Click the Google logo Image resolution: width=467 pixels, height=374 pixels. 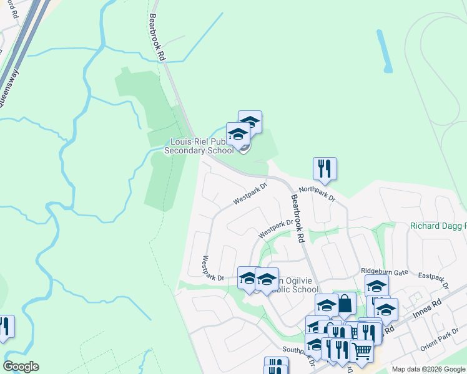click(21, 367)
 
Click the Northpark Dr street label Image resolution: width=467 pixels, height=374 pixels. click(317, 194)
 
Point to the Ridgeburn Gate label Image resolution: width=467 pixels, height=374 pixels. click(383, 271)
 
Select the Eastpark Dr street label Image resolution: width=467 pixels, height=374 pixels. click(434, 280)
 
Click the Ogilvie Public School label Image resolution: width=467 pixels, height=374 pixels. click(293, 285)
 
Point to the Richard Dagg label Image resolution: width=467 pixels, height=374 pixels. click(438, 226)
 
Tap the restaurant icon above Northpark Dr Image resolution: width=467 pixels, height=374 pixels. click(325, 168)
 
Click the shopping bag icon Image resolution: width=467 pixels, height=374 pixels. click(344, 304)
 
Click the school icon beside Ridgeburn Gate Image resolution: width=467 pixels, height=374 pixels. click(376, 286)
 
